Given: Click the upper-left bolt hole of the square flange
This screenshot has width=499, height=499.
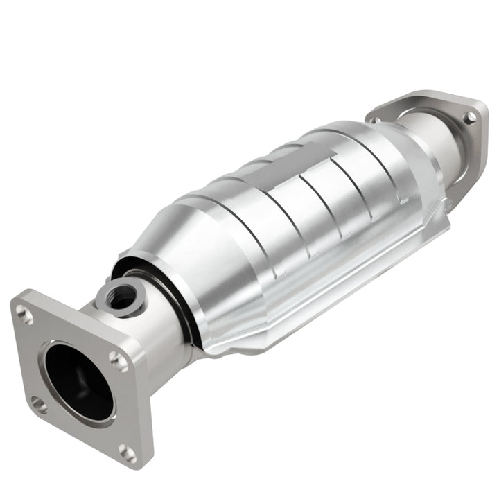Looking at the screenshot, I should [x=26, y=315].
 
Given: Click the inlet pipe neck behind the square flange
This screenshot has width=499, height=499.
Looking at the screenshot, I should [x=156, y=333].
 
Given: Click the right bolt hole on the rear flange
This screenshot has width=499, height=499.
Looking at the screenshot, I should [x=469, y=117].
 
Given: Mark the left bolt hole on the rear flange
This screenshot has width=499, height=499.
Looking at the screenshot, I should [x=375, y=119].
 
